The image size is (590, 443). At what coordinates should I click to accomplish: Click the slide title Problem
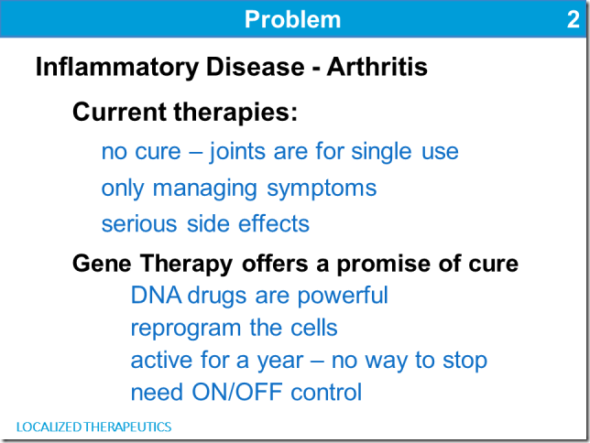(x=293, y=19)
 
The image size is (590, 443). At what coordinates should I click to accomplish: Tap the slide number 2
(x=574, y=19)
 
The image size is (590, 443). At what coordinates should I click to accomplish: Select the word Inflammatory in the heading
(x=116, y=68)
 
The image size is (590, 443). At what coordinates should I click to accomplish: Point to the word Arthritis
(x=377, y=67)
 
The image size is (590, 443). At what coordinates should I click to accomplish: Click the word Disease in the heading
(x=255, y=67)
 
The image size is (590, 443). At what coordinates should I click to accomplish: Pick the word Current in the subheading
(x=119, y=112)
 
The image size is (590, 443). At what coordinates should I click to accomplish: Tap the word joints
(x=237, y=152)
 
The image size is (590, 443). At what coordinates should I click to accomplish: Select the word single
(x=381, y=152)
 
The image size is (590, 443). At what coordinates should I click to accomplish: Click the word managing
(x=204, y=189)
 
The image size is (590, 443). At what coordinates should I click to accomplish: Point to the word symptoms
(x=322, y=189)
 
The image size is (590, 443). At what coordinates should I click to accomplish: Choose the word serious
(x=139, y=224)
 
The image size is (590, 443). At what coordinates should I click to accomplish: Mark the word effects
(x=274, y=223)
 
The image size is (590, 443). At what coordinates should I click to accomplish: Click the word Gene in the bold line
(x=102, y=264)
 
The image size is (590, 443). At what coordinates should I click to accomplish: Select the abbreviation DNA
(x=156, y=296)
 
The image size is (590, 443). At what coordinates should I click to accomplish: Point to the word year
(x=280, y=362)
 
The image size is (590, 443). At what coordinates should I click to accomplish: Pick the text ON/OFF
(x=237, y=393)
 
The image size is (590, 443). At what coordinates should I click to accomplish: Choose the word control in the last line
(x=326, y=392)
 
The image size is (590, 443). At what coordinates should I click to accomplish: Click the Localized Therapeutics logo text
(x=93, y=427)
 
